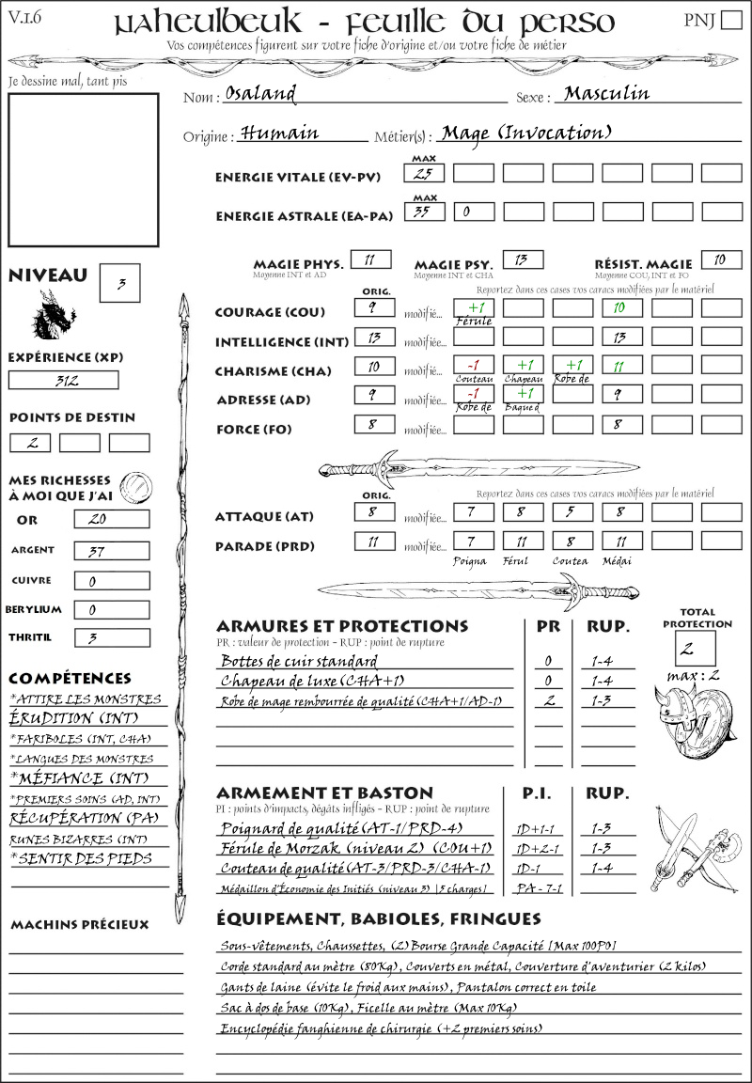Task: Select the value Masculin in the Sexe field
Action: [x=606, y=93]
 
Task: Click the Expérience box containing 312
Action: [x=64, y=380]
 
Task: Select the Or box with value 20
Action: [x=111, y=519]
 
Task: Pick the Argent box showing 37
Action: [x=111, y=550]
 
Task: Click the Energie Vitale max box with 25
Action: [x=424, y=173]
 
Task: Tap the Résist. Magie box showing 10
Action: [x=720, y=259]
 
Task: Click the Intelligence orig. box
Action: [x=373, y=337]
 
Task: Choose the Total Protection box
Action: [x=696, y=648]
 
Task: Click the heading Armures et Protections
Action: [x=341, y=626]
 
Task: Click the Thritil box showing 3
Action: [x=111, y=637]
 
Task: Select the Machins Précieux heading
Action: [x=80, y=924]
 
